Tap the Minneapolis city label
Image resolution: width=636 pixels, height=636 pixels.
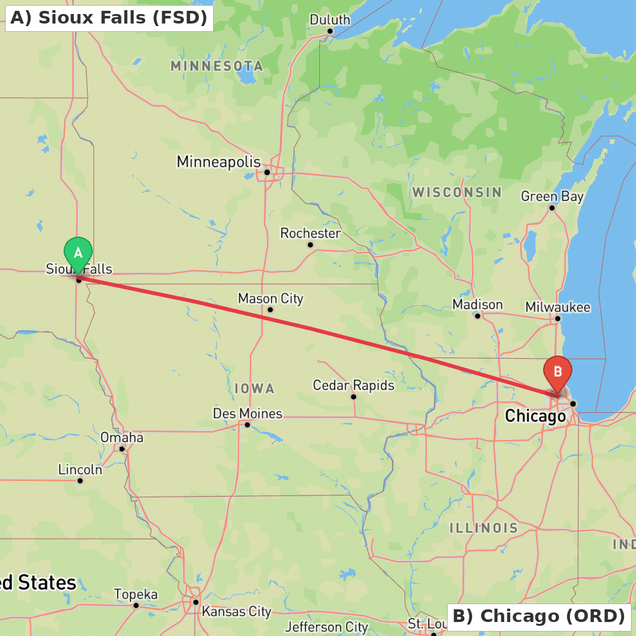(x=219, y=162)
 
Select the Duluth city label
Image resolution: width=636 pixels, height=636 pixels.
(x=329, y=20)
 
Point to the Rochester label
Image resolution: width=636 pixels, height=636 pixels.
(x=310, y=233)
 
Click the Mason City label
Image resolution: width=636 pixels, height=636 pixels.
(x=270, y=298)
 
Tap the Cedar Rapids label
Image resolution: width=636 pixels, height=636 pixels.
(x=354, y=385)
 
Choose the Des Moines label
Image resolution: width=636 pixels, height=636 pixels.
(x=247, y=414)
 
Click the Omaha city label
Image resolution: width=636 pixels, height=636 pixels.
(x=122, y=438)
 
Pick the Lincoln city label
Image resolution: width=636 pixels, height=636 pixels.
(x=80, y=470)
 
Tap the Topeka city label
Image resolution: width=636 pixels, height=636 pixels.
(x=135, y=595)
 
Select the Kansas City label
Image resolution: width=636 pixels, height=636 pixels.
(x=237, y=612)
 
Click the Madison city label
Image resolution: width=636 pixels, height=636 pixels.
(x=478, y=305)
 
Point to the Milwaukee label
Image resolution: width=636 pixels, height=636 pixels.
(x=558, y=308)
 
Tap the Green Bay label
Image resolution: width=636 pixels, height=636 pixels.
(x=552, y=197)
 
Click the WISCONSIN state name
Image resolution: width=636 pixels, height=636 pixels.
(x=457, y=192)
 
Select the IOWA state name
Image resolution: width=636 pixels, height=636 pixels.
(x=254, y=389)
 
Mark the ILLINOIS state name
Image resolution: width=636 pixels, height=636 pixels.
(x=484, y=528)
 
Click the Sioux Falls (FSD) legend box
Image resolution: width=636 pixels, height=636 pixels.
(x=109, y=17)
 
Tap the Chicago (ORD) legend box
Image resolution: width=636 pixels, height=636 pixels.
(x=539, y=616)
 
